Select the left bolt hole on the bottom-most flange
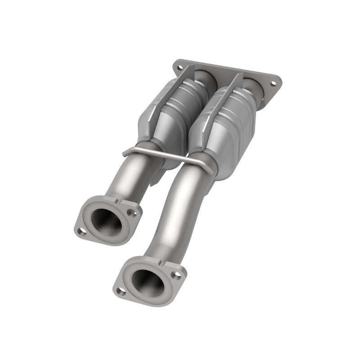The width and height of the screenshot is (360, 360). [x=119, y=291]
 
